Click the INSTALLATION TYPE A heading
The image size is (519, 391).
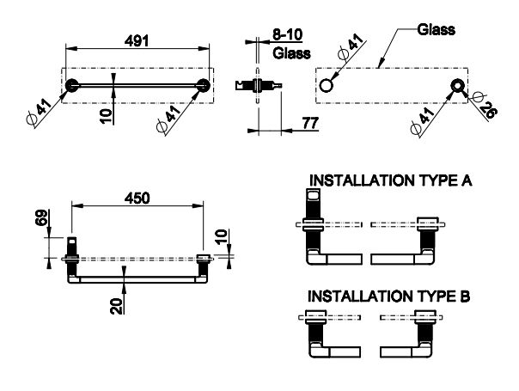coord(389,182)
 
